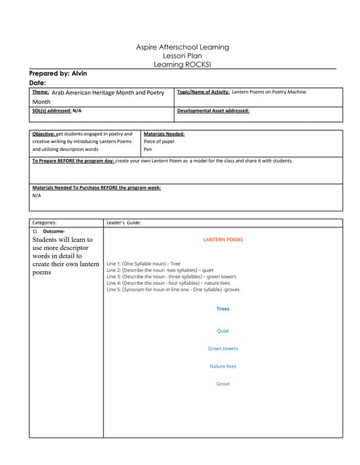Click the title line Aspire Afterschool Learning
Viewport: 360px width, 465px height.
point(183,47)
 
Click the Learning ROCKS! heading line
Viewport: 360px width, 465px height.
point(183,65)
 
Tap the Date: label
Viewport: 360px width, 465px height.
point(37,83)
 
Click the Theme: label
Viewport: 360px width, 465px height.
point(41,92)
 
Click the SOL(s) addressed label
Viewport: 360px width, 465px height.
point(52,111)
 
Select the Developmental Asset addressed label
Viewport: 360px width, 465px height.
point(213,111)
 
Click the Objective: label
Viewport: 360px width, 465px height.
point(44,134)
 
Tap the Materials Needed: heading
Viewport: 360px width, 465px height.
point(164,134)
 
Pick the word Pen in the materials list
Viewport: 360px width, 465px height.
point(148,149)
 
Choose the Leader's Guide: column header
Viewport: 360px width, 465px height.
point(124,222)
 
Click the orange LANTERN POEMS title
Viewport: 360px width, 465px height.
point(223,239)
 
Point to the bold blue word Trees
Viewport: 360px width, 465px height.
point(223,309)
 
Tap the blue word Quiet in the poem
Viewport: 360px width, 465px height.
point(223,331)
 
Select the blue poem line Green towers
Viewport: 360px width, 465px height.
point(223,349)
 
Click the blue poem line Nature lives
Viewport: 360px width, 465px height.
point(223,366)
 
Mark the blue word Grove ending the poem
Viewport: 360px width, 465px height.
point(223,384)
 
